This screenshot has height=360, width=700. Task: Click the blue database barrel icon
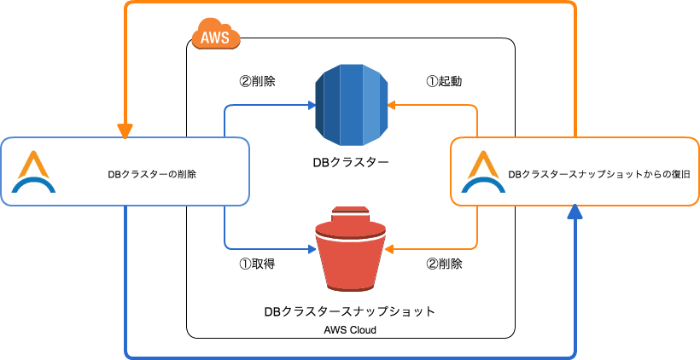click(x=351, y=106)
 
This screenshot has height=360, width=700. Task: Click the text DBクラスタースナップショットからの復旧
click(x=598, y=175)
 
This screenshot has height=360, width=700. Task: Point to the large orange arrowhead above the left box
click(x=125, y=131)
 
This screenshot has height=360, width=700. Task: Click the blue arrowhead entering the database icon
click(x=310, y=106)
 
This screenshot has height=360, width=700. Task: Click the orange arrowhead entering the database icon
click(x=392, y=106)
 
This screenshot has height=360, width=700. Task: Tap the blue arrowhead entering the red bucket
click(x=310, y=250)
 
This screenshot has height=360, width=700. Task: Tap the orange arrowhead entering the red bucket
click(x=390, y=250)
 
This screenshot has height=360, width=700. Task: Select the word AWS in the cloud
click(x=215, y=37)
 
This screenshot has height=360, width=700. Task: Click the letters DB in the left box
click(x=114, y=175)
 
